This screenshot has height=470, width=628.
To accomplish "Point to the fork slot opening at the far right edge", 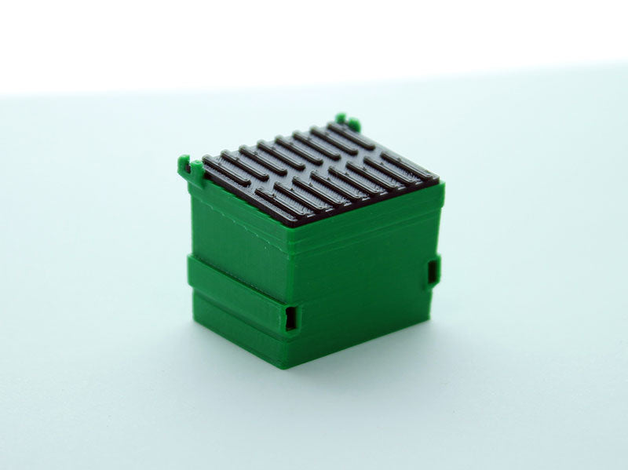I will pyautogui.click(x=434, y=271).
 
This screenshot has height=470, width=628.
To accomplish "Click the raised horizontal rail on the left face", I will pyautogui.click(x=235, y=289).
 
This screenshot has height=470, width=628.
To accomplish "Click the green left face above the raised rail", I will pyautogui.click(x=235, y=231).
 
